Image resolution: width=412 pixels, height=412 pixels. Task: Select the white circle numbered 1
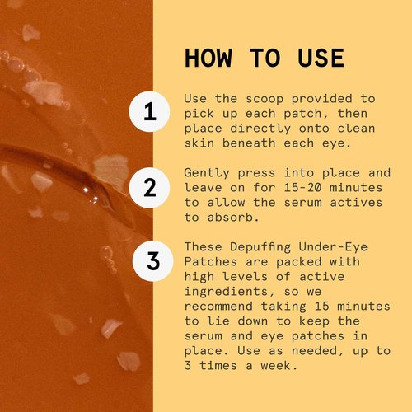[149, 114]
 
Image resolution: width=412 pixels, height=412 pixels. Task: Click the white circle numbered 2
[149, 187]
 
